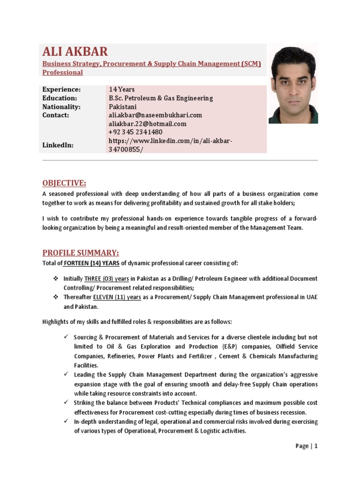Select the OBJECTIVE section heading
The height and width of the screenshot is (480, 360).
64,183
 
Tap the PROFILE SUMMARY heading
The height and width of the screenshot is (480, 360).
81,252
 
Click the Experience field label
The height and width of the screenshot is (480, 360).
61,90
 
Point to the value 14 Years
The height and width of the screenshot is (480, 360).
122,90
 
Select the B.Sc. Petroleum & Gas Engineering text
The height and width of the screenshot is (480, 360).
161,98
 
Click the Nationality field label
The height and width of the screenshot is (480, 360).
61,106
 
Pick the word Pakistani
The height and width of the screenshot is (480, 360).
123,106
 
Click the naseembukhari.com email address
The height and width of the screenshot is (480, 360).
155,115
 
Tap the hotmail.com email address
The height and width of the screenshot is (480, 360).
148,124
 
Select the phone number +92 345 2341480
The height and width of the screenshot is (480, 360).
135,132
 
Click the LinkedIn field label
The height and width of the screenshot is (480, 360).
58,145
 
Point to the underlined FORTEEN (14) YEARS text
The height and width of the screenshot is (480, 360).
92,263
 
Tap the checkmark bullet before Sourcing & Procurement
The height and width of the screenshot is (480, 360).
66,337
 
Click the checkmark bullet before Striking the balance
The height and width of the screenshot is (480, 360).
66,403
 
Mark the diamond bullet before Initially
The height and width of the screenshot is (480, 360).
55,278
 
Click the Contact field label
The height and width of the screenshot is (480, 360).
56,115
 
